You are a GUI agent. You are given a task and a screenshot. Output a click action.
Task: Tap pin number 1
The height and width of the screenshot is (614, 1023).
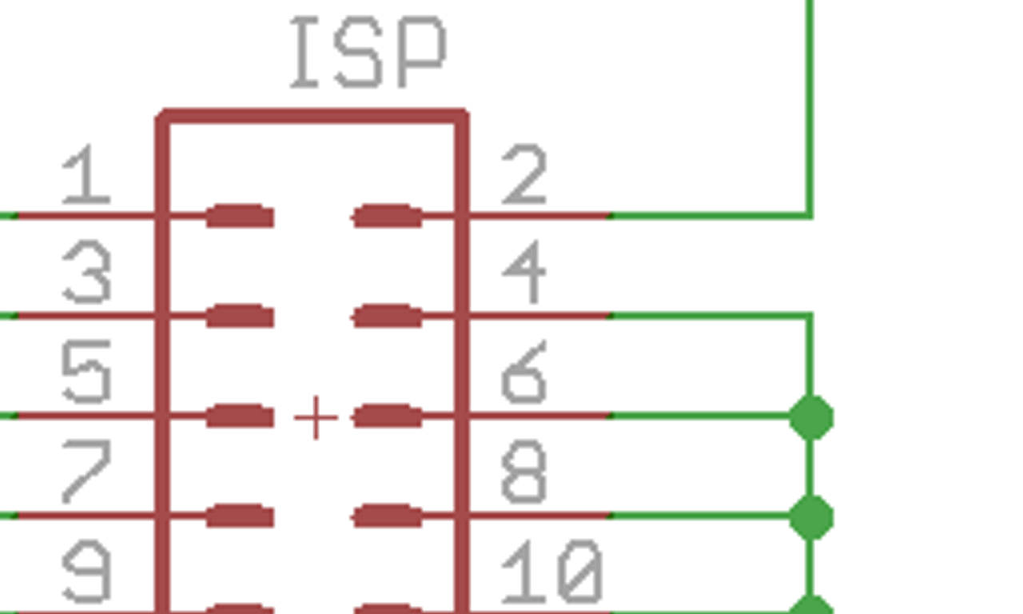tap(86, 176)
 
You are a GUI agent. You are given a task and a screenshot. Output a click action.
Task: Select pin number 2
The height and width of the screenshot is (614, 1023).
tap(524, 176)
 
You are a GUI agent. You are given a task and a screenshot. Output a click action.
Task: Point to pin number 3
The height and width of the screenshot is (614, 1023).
tap(86, 274)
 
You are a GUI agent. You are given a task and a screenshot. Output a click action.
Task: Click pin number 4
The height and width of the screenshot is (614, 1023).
tap(524, 274)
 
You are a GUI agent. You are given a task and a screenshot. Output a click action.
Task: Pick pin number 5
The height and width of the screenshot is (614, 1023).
tap(86, 373)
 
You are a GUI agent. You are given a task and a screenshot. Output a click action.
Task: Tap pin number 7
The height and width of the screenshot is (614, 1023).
tap(86, 472)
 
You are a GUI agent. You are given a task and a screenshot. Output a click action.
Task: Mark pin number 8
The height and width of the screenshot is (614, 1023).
tap(524, 472)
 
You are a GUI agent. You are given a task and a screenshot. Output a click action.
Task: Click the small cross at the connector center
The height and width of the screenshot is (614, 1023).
tap(316, 417)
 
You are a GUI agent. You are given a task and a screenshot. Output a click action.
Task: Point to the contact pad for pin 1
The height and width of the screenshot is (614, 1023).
tap(240, 216)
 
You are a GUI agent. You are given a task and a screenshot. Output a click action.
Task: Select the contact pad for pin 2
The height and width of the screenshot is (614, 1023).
tap(388, 216)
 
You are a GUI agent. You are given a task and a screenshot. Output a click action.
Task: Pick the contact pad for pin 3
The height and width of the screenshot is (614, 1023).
tap(240, 317)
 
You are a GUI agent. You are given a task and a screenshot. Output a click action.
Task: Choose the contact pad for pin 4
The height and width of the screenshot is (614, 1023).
tap(388, 317)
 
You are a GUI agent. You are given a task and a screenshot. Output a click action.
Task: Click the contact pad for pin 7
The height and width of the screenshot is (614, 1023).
tap(240, 516)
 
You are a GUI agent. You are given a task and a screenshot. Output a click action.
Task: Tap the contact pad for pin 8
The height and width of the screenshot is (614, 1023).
tap(388, 516)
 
